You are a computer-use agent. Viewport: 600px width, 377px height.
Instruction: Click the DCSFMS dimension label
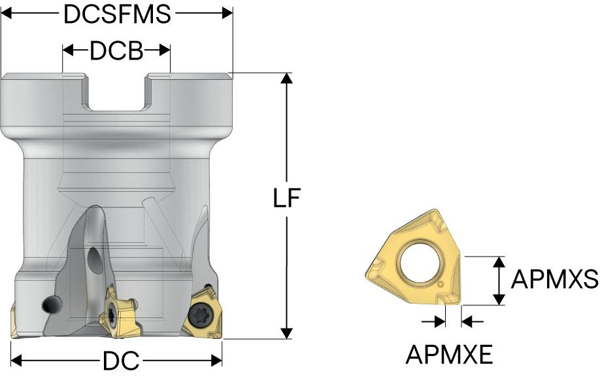(x=117, y=14)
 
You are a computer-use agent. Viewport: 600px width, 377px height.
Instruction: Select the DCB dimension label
(x=116, y=50)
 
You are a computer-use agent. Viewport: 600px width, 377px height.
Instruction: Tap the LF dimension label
(x=287, y=198)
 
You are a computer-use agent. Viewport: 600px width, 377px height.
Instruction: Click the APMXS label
(x=554, y=279)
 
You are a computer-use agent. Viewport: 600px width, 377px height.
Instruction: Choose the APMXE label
(x=449, y=354)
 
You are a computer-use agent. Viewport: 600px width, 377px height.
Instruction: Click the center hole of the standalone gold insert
(x=419, y=262)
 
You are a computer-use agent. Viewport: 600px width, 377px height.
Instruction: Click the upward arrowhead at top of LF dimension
(x=287, y=78)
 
